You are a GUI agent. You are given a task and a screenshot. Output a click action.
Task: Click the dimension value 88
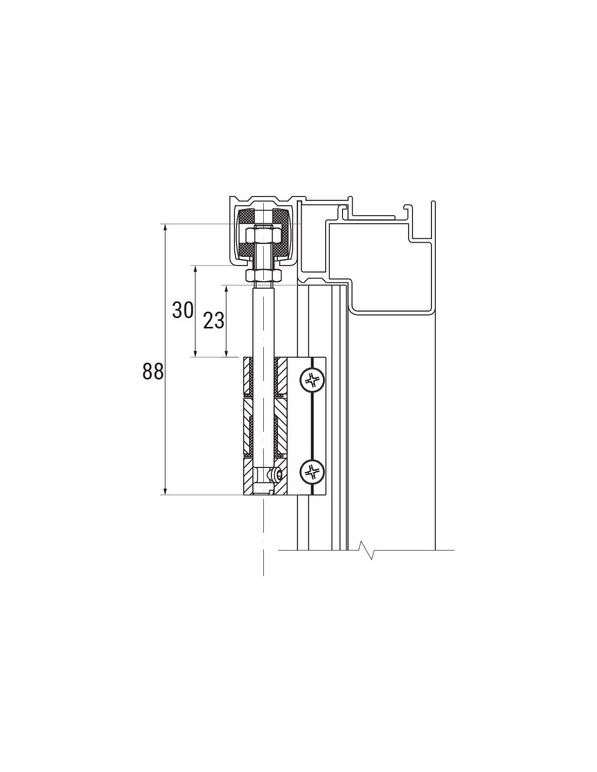(x=153, y=371)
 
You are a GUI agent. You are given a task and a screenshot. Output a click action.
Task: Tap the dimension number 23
(x=213, y=320)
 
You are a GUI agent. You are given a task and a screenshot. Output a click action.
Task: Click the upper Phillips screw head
(x=312, y=380)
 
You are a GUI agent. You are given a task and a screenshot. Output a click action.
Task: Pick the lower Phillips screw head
(x=312, y=471)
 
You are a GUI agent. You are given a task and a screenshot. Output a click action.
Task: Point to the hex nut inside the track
(x=264, y=235)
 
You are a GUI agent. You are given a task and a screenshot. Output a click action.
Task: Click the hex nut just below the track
(x=264, y=275)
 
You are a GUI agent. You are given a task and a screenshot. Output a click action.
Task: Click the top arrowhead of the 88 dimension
(x=164, y=227)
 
